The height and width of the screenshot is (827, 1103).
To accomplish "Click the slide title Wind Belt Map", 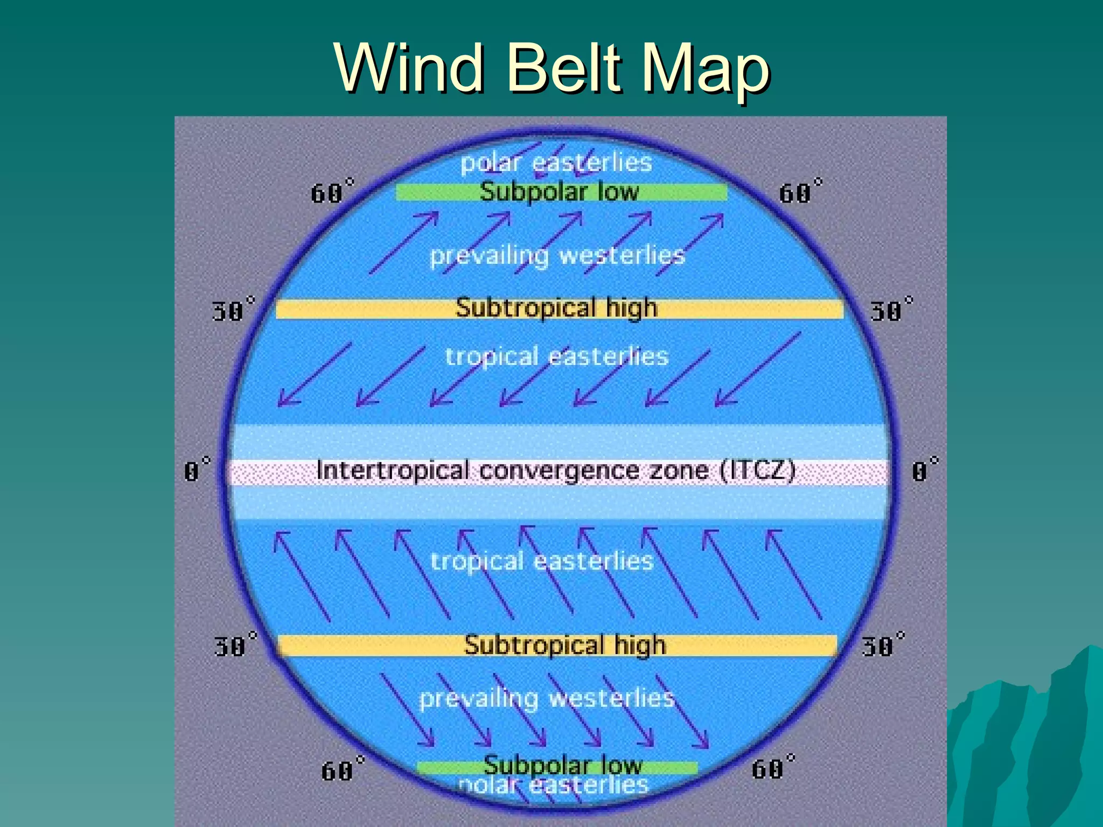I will (551, 69).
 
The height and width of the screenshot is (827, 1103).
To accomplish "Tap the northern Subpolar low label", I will (559, 192).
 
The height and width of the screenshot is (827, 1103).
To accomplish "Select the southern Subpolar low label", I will (562, 765).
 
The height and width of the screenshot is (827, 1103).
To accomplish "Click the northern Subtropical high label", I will (556, 308).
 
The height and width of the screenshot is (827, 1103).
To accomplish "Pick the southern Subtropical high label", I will (564, 645).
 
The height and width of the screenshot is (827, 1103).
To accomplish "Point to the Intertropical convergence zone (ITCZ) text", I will (556, 471).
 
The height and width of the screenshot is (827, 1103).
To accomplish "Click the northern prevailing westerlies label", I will (557, 255).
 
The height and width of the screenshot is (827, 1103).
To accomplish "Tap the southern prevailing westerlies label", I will (547, 698).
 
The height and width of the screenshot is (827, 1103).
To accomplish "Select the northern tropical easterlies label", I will (557, 356).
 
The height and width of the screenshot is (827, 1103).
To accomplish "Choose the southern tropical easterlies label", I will (542, 561).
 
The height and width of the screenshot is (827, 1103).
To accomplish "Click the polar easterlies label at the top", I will (556, 163).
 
